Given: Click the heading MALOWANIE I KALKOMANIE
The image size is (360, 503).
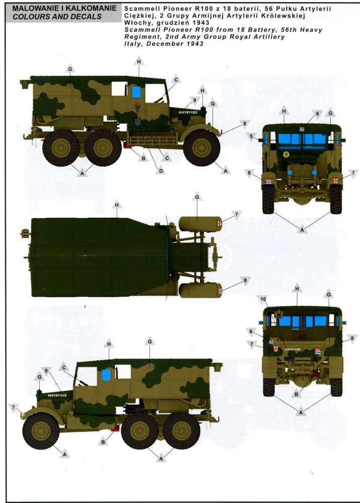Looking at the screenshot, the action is pyautogui.click(x=64, y=9).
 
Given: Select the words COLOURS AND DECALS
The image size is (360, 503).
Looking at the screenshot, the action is pyautogui.click(x=57, y=17).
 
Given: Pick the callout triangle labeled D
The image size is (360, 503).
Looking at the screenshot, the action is pyautogui.click(x=161, y=170).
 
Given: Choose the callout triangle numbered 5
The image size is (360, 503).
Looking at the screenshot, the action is pyautogui.click(x=251, y=137).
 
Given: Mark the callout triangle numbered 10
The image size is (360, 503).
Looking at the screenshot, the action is pyautogui.click(x=263, y=300).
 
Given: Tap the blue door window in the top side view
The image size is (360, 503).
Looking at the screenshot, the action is pyautogui.click(x=136, y=93).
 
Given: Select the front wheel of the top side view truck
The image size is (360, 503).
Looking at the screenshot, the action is pyautogui.click(x=202, y=148).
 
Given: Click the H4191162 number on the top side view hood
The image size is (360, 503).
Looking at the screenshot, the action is pyautogui.click(x=188, y=112).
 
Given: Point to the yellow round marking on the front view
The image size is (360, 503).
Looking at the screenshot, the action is pyautogui.click(x=286, y=154).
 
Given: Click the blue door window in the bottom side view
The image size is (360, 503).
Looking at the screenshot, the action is pyautogui.click(x=107, y=374).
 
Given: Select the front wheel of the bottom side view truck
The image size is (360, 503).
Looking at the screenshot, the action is pyautogui.click(x=41, y=431).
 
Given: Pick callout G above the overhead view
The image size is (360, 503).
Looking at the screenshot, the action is pyautogui.click(x=197, y=198).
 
